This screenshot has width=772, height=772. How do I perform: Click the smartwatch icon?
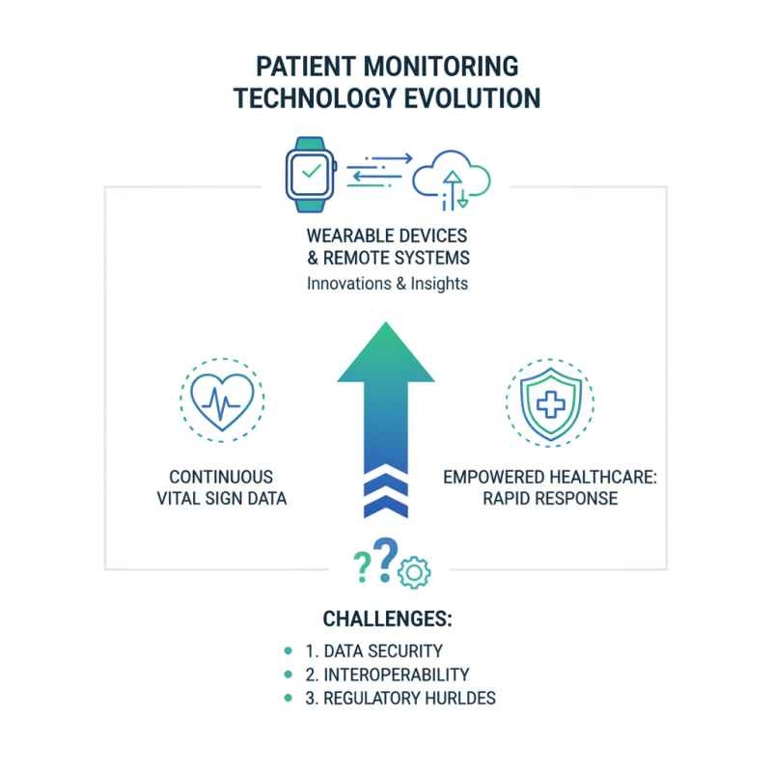(x=310, y=174)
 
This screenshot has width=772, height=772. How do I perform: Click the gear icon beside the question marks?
(x=415, y=572)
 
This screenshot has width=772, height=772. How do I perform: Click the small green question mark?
(x=361, y=567)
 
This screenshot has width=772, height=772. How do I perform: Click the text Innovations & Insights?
(x=386, y=284)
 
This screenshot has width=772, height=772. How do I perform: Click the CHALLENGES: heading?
(x=386, y=619)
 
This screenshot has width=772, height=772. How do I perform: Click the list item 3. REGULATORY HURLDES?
(x=400, y=698)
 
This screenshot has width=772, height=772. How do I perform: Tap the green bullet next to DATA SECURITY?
(x=288, y=651)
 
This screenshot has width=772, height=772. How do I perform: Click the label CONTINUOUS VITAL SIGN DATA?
(x=222, y=488)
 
